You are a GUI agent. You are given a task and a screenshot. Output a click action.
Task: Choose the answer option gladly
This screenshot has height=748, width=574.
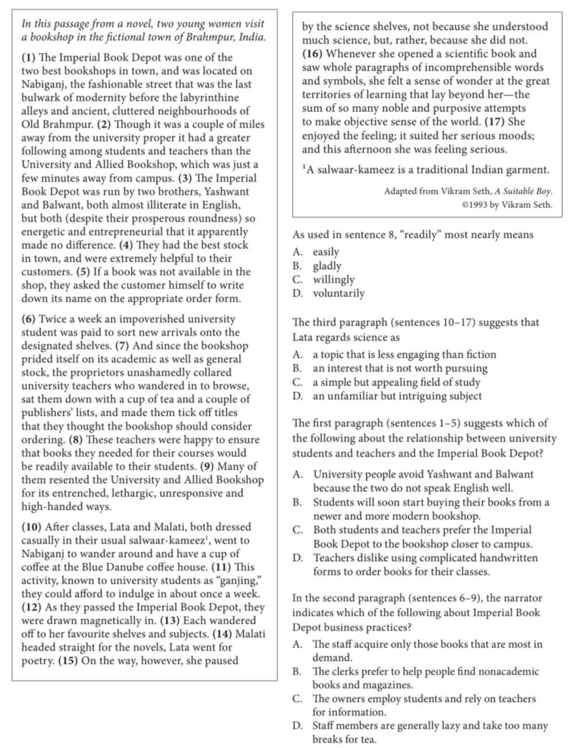pos(328,265)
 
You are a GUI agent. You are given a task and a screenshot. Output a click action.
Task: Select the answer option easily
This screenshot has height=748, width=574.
pos(326,252)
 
